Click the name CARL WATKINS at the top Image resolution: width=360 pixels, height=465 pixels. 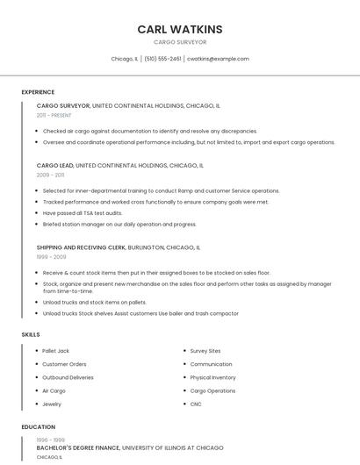(179, 29)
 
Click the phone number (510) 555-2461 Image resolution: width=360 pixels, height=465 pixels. (163, 59)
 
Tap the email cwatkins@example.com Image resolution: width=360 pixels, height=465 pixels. (219, 59)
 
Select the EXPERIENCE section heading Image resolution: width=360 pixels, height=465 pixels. (38, 92)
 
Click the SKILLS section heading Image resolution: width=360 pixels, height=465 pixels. (31, 334)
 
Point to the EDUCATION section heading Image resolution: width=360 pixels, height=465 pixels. (38, 427)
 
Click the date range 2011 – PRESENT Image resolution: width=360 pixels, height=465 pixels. (54, 115)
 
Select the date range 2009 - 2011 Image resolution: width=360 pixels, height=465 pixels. (50, 175)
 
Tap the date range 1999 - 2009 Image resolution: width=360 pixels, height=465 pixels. (51, 257)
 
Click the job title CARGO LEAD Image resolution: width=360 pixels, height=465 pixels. (54, 165)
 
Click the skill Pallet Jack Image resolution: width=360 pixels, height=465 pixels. (55, 351)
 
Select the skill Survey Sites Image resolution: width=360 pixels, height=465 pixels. (205, 351)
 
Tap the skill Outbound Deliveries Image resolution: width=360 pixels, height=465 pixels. (68, 377)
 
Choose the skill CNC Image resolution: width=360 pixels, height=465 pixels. (196, 404)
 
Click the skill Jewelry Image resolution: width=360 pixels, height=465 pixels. (52, 404)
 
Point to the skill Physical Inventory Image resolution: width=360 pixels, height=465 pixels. (212, 377)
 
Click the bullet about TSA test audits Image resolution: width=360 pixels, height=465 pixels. (83, 212)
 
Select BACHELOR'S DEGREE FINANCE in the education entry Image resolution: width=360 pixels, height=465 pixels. (77, 447)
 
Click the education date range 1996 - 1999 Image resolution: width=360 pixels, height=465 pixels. (50, 440)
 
